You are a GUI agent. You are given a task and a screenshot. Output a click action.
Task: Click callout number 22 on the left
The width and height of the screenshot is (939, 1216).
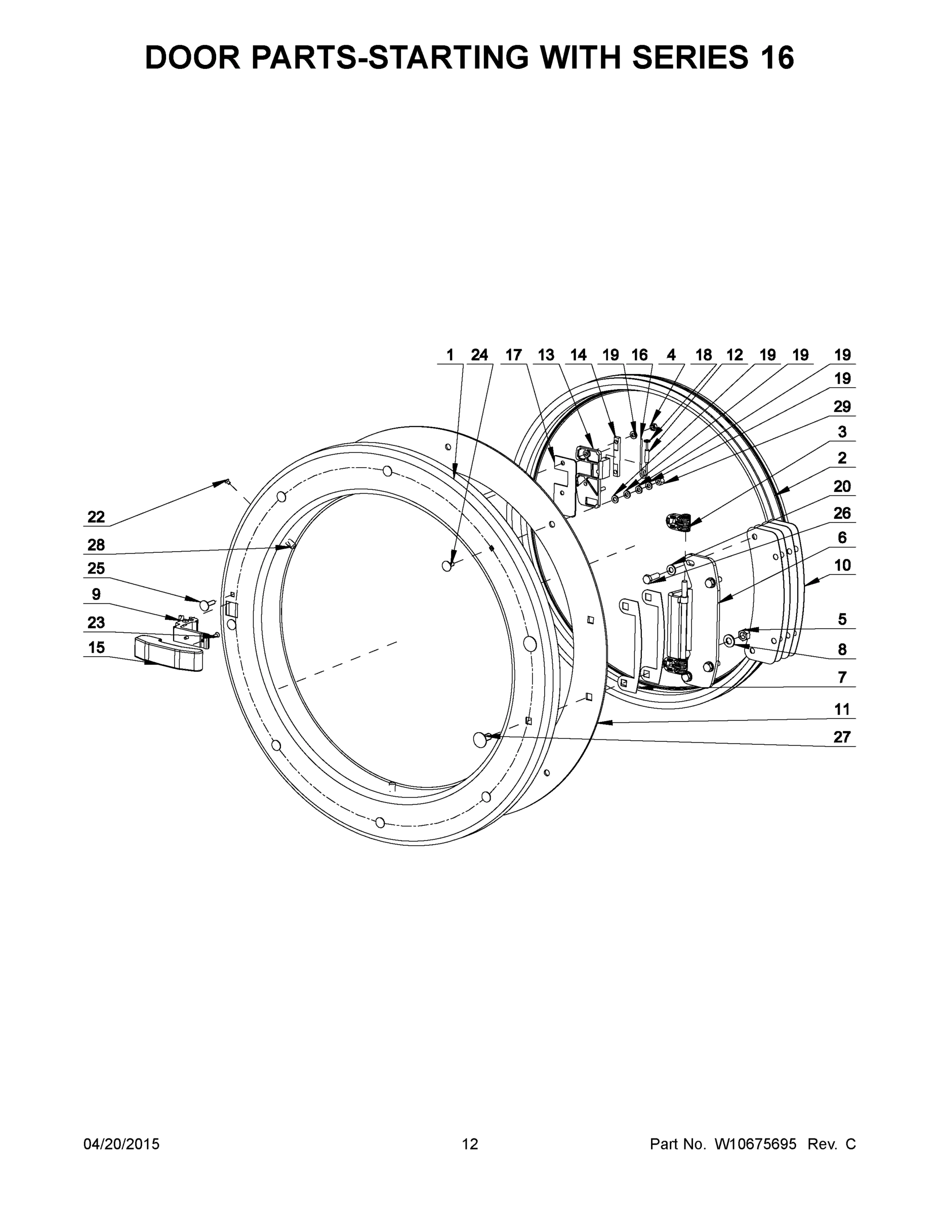click(96, 517)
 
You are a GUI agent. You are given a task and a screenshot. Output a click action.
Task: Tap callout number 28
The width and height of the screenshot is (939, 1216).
click(96, 545)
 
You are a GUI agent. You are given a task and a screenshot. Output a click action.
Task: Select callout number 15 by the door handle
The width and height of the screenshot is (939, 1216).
click(96, 647)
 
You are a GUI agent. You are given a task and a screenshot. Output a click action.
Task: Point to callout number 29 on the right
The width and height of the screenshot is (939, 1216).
click(842, 406)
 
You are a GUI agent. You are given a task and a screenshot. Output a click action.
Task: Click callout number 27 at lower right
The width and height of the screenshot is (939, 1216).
click(842, 737)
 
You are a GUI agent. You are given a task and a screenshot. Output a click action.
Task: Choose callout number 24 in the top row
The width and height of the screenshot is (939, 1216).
click(479, 355)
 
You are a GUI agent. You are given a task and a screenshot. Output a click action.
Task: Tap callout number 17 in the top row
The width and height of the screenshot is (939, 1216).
click(513, 355)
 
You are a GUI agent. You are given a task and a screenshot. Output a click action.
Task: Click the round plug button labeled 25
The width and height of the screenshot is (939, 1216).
click(208, 603)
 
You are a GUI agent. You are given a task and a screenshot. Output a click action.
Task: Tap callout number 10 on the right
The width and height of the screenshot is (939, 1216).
click(842, 565)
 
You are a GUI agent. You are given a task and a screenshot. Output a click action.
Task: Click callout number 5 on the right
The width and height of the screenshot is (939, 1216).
click(842, 619)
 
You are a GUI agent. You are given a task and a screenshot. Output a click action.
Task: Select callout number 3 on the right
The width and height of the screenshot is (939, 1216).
click(842, 432)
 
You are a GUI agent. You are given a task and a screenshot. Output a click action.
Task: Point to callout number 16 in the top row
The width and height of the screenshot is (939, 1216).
click(639, 355)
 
